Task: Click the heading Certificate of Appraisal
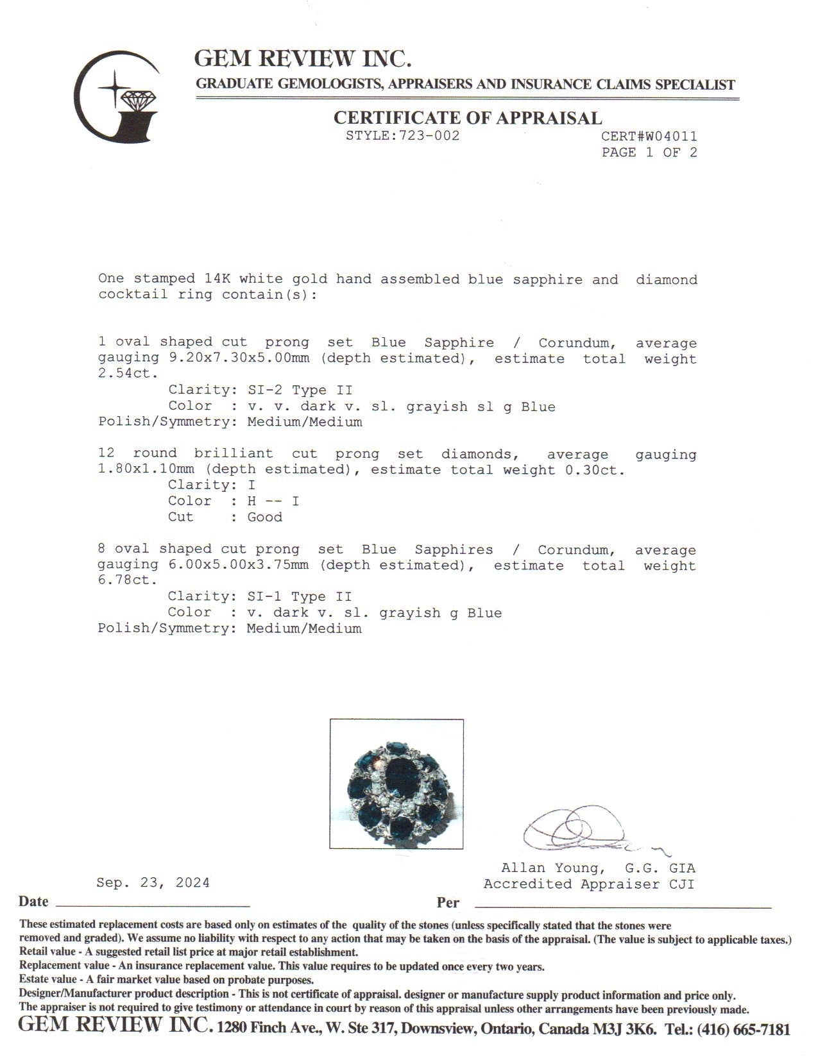pyautogui.click(x=468, y=118)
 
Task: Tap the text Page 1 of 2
pyautogui.click(x=649, y=153)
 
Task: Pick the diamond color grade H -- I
pyautogui.click(x=273, y=501)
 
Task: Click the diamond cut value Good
pyautogui.click(x=265, y=517)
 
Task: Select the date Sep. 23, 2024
pyautogui.click(x=153, y=883)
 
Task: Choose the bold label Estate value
pyautogui.click(x=48, y=980)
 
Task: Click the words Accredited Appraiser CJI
pyautogui.click(x=589, y=884)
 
